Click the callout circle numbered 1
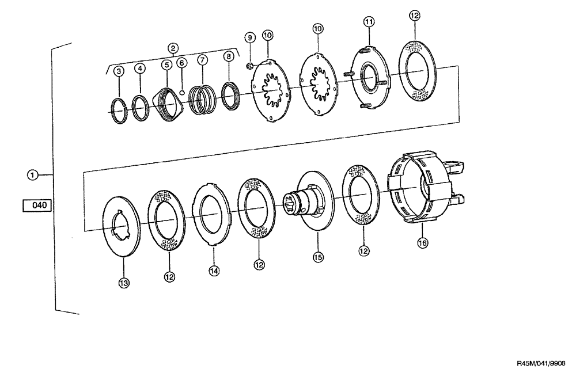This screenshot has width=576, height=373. (x=34, y=174)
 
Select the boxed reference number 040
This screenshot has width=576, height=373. (x=37, y=204)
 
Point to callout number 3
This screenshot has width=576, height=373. (x=119, y=71)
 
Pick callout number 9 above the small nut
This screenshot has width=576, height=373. (x=249, y=37)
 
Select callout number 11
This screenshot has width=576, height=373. (x=369, y=21)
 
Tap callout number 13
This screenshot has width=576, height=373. (x=123, y=282)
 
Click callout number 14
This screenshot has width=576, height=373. (x=214, y=271)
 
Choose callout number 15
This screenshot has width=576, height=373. (x=318, y=257)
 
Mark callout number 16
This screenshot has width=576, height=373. (x=422, y=243)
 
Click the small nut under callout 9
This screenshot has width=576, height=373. (x=249, y=66)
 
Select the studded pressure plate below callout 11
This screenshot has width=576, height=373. (x=369, y=79)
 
